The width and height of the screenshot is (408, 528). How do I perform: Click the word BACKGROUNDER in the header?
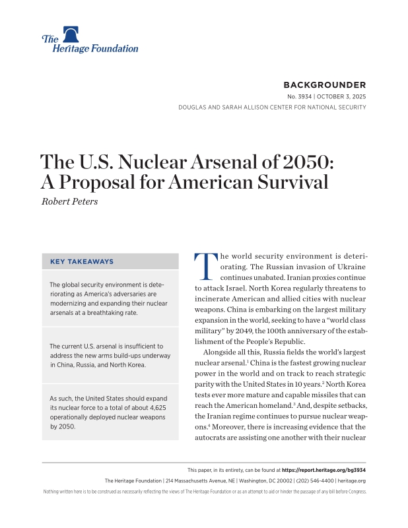[x=324, y=85]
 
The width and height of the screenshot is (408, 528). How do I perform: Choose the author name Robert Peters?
[x=71, y=201]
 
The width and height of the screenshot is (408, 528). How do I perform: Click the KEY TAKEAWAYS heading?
[x=82, y=261]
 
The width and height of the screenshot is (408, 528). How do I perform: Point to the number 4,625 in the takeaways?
[x=156, y=409]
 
